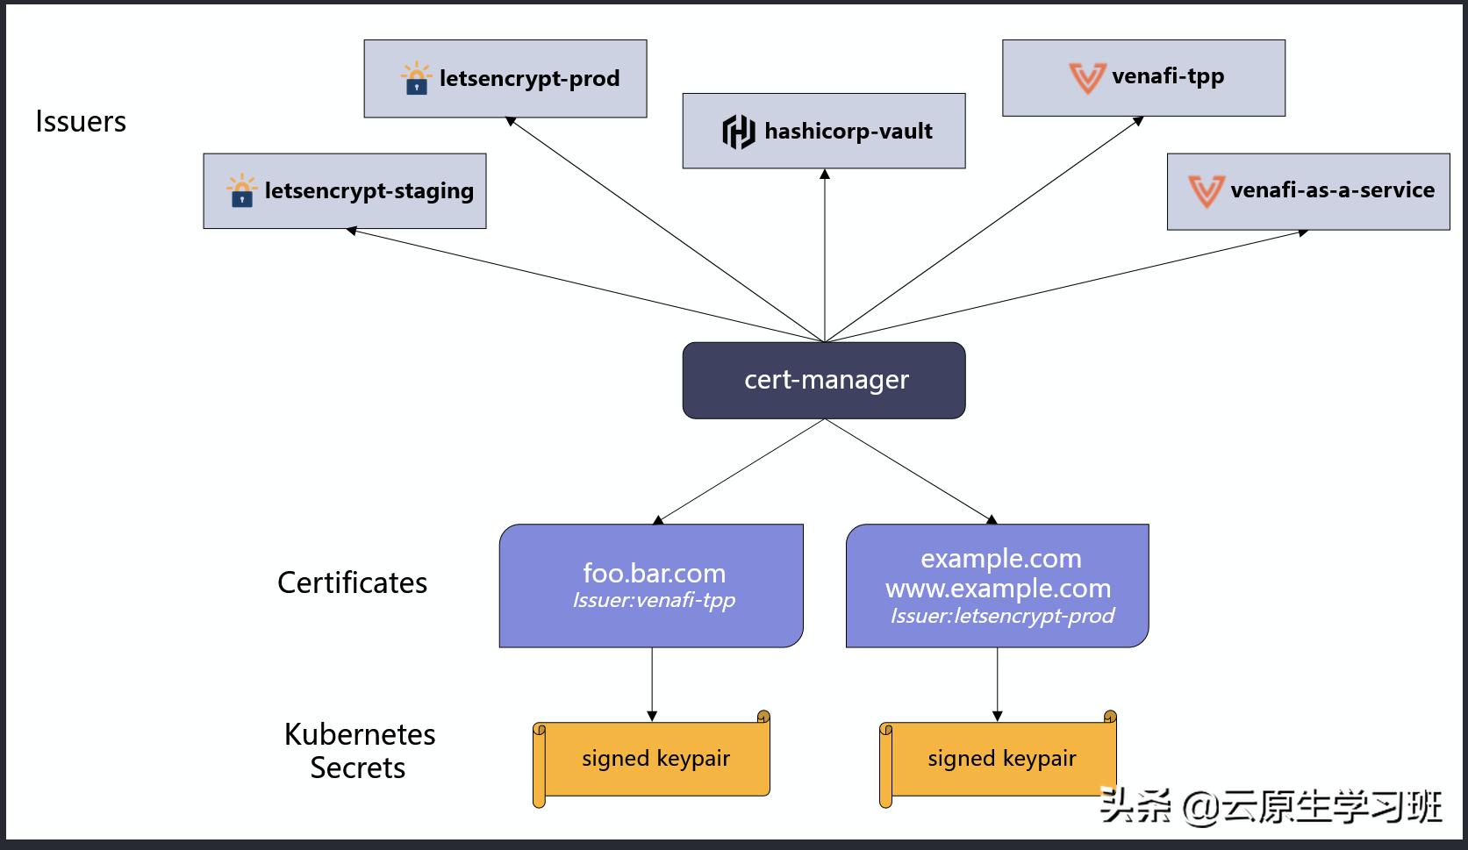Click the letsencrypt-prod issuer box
click(505, 78)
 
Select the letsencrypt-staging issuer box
click(345, 191)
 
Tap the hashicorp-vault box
click(824, 131)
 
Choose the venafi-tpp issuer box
click(1143, 77)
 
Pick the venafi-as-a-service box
click(1308, 191)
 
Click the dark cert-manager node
click(824, 380)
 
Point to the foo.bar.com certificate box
click(651, 585)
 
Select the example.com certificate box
click(998, 585)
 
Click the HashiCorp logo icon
click(738, 132)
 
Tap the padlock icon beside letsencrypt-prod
click(416, 79)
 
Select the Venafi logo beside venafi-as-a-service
click(1206, 190)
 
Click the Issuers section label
click(81, 121)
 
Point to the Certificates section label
click(352, 582)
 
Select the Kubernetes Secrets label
click(359, 751)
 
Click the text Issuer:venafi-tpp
click(654, 601)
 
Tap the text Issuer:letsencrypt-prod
click(1002, 616)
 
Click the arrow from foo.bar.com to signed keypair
click(652, 684)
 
